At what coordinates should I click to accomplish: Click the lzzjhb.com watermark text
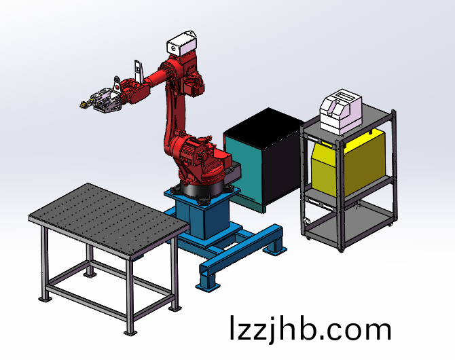[x=310, y=329]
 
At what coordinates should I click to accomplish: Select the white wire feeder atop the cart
[x=341, y=112]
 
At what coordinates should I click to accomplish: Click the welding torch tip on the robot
[x=83, y=105]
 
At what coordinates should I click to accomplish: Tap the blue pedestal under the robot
[x=203, y=215]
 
